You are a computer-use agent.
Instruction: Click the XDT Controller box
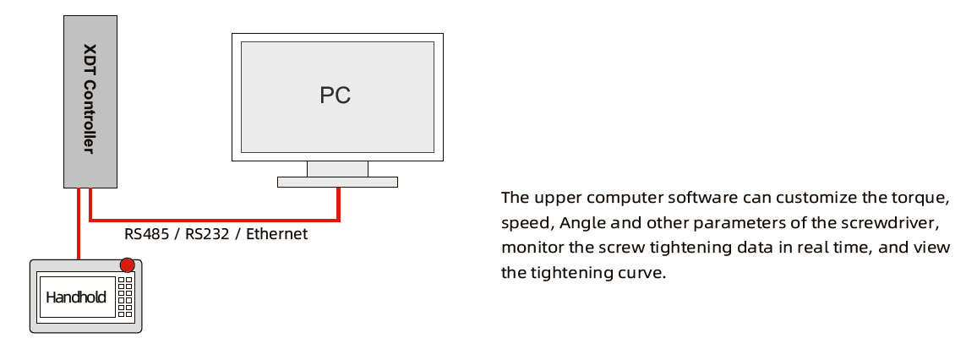click(90, 101)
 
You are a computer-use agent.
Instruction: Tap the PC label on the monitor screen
click(335, 95)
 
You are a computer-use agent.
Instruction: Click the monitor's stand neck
click(337, 169)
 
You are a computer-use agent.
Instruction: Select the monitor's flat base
click(337, 182)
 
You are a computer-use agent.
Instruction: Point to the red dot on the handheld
click(128, 265)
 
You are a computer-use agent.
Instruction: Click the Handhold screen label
click(76, 297)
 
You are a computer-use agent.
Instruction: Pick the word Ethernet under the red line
click(277, 234)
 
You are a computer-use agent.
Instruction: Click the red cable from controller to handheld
click(79, 223)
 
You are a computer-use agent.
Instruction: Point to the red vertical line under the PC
click(338, 204)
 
